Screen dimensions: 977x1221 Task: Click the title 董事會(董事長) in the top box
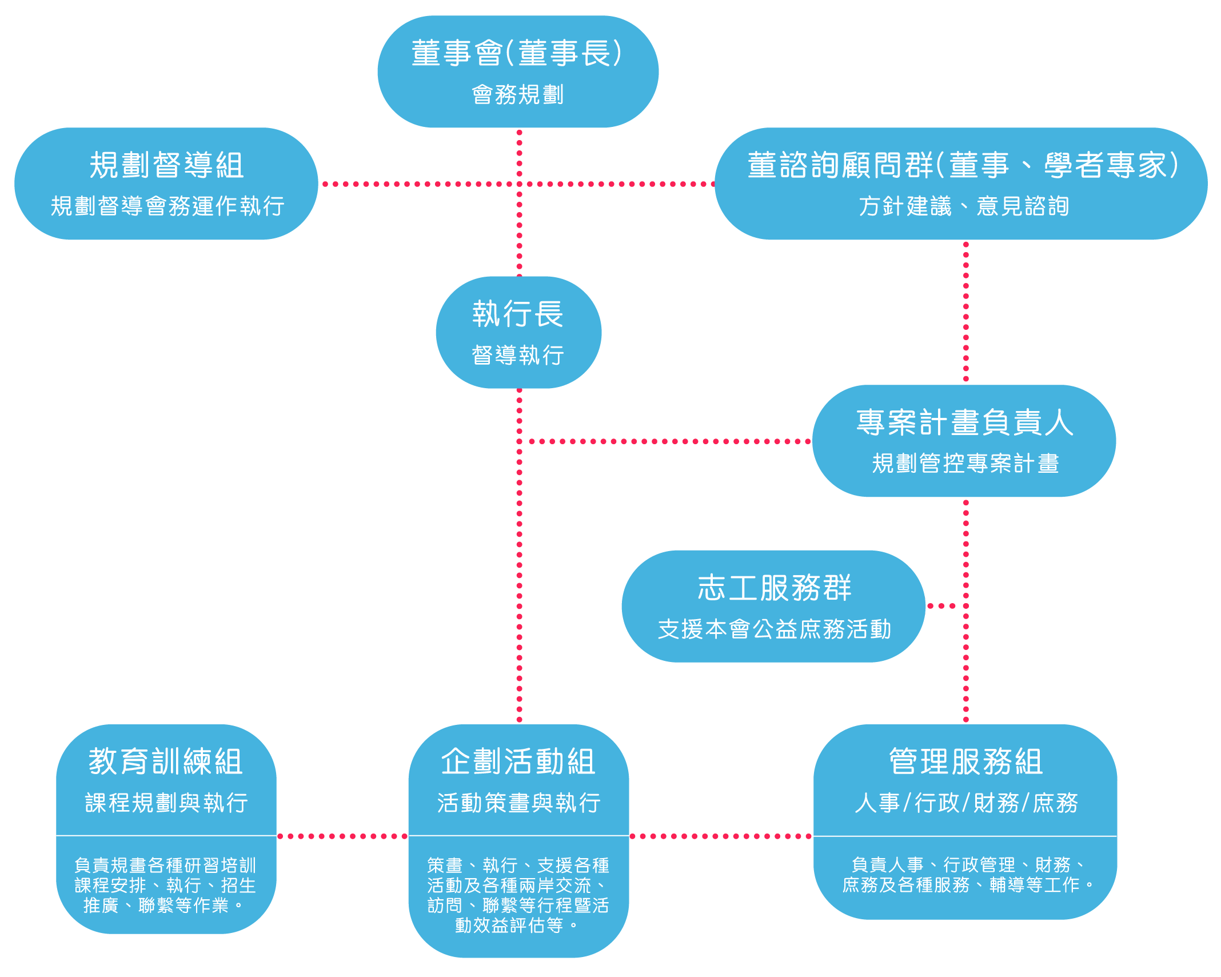517,53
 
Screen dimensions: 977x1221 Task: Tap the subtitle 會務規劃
517,94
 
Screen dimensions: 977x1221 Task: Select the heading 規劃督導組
166,165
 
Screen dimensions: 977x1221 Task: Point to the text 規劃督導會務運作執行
167,206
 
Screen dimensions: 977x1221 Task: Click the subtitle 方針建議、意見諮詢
964,206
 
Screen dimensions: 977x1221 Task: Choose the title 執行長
518,314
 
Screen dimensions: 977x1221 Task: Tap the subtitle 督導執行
518,355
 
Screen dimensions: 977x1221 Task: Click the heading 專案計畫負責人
964,422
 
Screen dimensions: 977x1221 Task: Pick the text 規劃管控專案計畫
965,463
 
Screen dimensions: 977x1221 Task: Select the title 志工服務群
774,588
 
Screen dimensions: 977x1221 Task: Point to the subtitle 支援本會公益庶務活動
774,629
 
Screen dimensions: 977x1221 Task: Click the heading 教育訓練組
166,761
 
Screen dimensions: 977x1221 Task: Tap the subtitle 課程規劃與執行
166,803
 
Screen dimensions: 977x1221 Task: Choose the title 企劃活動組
518,761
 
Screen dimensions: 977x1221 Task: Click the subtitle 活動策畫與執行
518,803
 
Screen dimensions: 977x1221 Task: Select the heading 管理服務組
965,761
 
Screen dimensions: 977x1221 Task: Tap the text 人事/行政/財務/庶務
965,803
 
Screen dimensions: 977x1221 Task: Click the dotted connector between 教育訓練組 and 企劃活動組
342,836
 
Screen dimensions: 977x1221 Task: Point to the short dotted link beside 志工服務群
944,606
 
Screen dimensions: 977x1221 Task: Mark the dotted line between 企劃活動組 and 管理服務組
721,836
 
